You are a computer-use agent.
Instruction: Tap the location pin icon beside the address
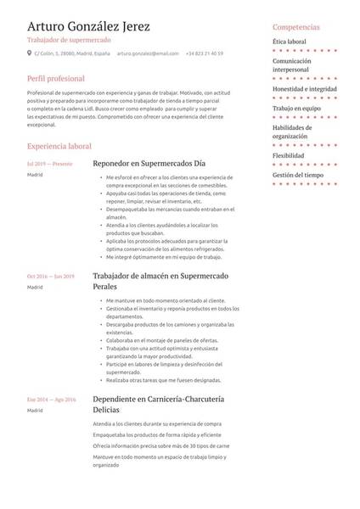pos(30,53)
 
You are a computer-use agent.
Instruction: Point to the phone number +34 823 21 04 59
pos(204,53)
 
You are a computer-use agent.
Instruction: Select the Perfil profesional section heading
pos(59,79)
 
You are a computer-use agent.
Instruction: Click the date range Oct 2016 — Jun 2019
pos(51,277)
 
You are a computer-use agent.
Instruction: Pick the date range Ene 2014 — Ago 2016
pos(52,399)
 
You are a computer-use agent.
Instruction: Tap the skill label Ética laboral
pos(289,41)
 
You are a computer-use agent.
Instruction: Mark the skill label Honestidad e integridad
pos(305,89)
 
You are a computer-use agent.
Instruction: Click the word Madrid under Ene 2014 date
pos(35,410)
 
